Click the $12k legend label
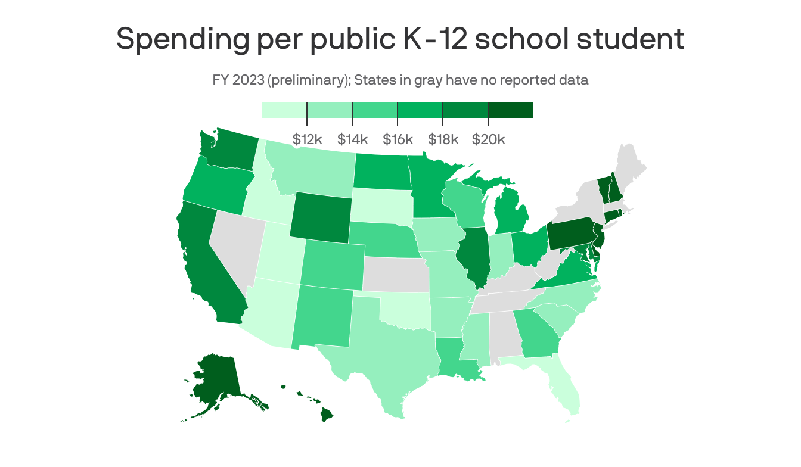(307, 139)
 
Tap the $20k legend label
(488, 139)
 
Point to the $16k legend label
(398, 139)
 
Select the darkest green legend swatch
(510, 110)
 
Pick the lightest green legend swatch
(284, 110)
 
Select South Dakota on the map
(380, 205)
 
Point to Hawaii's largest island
(327, 413)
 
